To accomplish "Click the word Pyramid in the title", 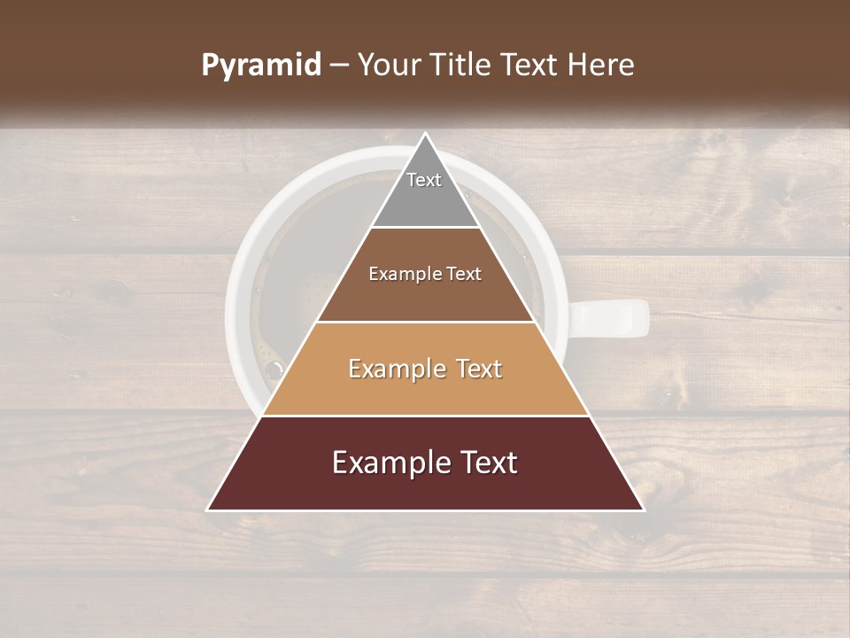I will (x=261, y=66).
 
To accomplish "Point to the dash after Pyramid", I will (x=339, y=66).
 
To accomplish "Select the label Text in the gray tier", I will (x=424, y=180).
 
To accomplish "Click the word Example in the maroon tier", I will (x=387, y=463).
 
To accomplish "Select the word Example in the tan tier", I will (x=393, y=369).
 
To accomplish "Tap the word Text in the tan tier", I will (x=475, y=369).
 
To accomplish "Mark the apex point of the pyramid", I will (x=425, y=134).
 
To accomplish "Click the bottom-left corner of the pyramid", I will (x=208, y=510).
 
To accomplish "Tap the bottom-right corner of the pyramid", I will (x=643, y=510).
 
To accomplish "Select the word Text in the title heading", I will (x=531, y=66).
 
